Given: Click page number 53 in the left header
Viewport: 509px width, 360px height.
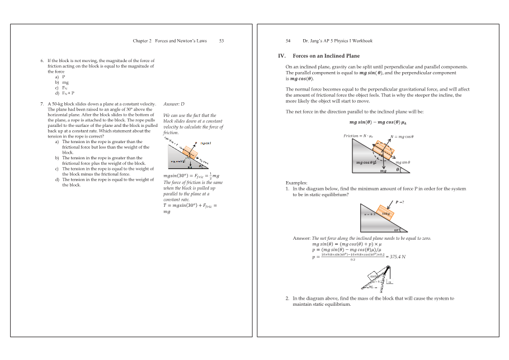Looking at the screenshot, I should [221, 41].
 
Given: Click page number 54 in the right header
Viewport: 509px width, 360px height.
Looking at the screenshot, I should [288, 41].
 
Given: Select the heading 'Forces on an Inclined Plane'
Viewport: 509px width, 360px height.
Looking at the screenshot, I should [326, 56].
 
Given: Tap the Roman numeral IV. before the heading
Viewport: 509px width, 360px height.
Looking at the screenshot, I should [282, 56].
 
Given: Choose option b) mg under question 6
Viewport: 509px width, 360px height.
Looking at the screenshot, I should [58, 82].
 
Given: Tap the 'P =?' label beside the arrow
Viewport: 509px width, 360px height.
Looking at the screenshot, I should [400, 202].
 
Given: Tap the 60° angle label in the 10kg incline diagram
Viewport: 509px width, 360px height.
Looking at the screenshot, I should [397, 229].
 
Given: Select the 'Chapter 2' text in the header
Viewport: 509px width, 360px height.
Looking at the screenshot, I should [142, 41].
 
